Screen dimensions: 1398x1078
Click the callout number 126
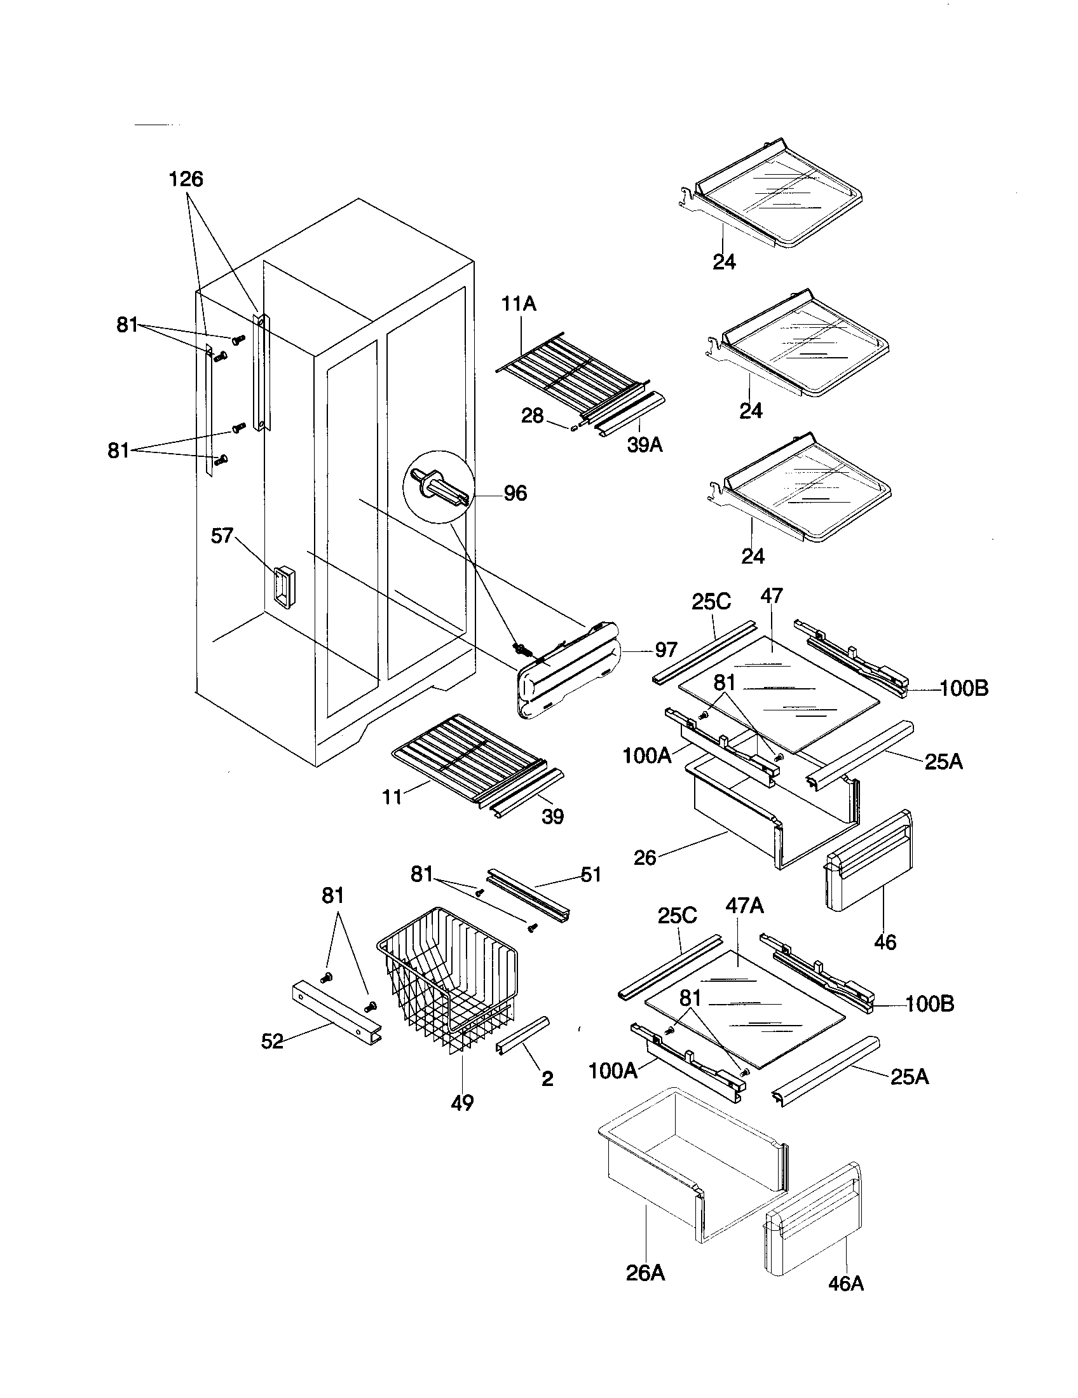[186, 180]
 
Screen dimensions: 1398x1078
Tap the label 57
[222, 535]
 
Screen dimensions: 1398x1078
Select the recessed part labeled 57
[282, 586]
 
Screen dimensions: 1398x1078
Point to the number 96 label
[515, 493]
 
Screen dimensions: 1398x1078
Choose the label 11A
[519, 304]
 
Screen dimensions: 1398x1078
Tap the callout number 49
[462, 1103]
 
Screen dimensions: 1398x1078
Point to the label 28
[532, 416]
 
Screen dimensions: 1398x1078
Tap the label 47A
[744, 906]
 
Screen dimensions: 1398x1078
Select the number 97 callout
[665, 649]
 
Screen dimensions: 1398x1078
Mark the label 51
[590, 874]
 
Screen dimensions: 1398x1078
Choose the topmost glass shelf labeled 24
[775, 195]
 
